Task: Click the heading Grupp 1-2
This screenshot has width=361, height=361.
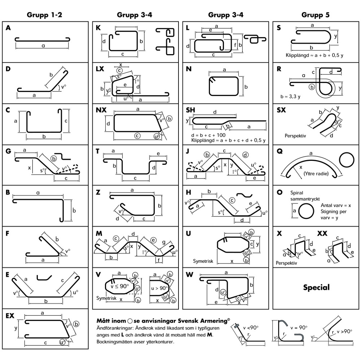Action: (44, 15)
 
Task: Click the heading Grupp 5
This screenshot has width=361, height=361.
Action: (316, 15)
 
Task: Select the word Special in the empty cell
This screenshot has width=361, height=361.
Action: (316, 287)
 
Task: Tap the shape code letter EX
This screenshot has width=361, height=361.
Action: (10, 316)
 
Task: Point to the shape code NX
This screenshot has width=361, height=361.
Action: (101, 110)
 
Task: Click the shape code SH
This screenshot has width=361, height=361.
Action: (190, 110)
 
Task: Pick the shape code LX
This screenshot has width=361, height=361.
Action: (100, 69)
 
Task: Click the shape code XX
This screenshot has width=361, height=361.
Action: (322, 233)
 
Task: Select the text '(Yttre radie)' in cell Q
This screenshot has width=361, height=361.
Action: (316, 173)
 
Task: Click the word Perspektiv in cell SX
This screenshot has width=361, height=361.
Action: (295, 136)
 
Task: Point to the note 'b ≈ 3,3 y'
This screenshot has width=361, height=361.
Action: (290, 96)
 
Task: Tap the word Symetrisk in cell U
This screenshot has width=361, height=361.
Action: (203, 261)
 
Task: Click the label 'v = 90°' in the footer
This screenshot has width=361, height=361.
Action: (299, 327)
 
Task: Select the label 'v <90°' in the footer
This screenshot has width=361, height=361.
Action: (251, 327)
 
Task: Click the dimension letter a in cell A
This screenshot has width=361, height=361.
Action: (43, 46)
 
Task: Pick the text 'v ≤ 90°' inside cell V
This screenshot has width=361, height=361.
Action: (120, 286)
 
